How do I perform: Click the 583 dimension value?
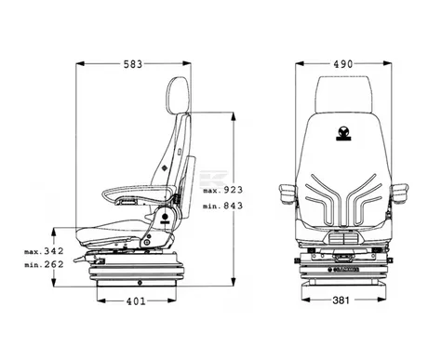133,64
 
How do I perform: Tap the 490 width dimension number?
343,64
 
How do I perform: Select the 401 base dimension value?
136,301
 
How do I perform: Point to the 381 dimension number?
341,300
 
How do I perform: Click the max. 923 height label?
222,190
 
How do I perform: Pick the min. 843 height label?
222,206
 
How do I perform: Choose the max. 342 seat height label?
44,251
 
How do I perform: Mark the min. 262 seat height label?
44,264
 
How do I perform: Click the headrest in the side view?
177,95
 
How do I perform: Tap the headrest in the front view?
343,94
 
